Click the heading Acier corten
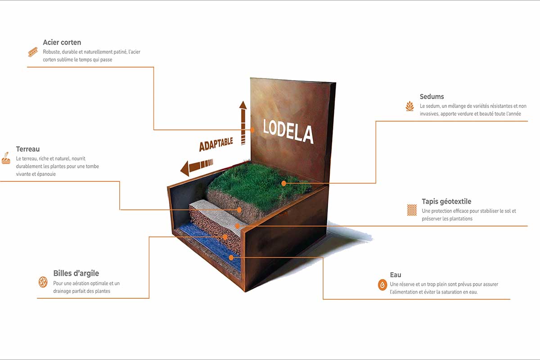pos(62,42)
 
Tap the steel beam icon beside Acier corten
pos(33,52)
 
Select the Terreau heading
pos(28,149)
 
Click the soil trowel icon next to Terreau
pos(6,158)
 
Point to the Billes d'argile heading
pos(76,273)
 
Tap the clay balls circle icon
pos(43,282)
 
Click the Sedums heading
pos(432,96)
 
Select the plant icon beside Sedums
pos(410,106)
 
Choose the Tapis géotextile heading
pos(446,201)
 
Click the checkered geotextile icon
pos(412,210)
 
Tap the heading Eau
pos(396,275)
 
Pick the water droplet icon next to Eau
pos(382,285)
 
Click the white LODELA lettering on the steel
pos(288,131)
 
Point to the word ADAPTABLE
pos(216,144)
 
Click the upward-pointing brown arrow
pos(243,123)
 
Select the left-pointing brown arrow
pos(197,167)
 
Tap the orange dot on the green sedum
pos(284,184)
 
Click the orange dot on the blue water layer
pos(231,258)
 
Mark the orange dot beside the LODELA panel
pos(252,130)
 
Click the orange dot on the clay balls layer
pos(225,237)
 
